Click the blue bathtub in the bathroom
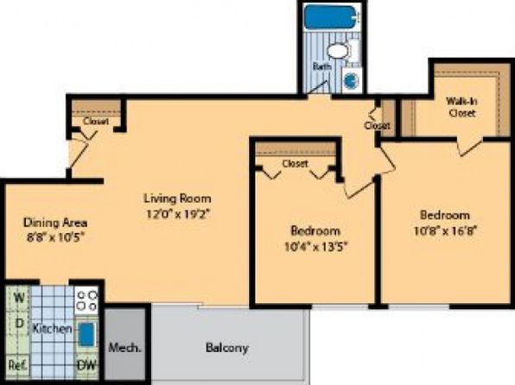click(330, 17)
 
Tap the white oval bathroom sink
click(338, 52)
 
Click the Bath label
click(321, 66)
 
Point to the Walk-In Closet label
click(461, 107)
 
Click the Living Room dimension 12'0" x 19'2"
click(178, 214)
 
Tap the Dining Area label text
click(55, 223)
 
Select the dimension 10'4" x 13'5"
click(315, 246)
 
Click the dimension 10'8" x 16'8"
click(445, 230)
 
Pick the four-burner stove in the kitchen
click(86, 300)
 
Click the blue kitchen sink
click(87, 334)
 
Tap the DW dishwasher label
click(87, 364)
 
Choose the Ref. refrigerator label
click(18, 365)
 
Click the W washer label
click(19, 298)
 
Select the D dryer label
click(20, 324)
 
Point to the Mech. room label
click(124, 348)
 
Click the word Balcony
click(227, 348)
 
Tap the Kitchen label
click(52, 328)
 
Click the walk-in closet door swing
click(470, 147)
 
